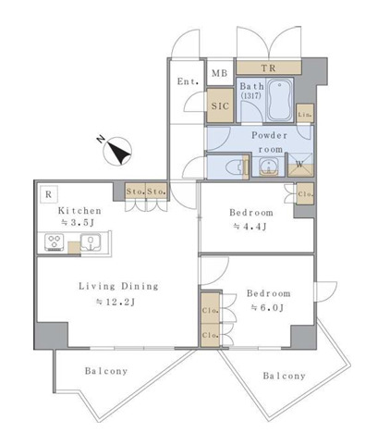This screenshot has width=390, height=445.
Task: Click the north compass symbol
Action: point(117,151)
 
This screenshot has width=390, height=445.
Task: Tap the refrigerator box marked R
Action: point(48,194)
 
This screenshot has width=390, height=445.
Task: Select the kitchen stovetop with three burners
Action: point(55,242)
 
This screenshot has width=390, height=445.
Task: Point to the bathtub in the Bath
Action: point(279,100)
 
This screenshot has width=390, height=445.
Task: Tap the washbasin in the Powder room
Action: point(269,167)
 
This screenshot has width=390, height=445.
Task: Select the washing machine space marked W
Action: point(299,165)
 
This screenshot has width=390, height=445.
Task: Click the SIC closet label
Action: point(220,105)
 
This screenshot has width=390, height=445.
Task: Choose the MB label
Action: point(220,73)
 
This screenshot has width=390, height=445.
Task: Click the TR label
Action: point(268,68)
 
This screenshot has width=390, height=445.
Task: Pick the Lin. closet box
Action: point(305,114)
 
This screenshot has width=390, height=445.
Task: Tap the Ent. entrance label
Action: point(188,81)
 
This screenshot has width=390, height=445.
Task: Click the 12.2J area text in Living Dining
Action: point(116,302)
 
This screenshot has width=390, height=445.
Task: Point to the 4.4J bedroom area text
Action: point(250,227)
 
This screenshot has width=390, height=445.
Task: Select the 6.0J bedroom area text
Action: point(267,307)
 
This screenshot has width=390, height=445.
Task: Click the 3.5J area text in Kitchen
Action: point(78,222)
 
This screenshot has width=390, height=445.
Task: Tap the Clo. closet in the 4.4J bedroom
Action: point(305,193)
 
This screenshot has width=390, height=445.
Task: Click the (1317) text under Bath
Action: point(250,95)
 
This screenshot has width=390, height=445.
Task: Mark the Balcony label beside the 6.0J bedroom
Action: point(284,376)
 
